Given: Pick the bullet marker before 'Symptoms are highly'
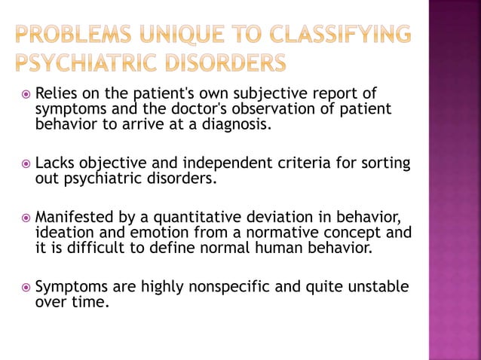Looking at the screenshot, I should [26, 288].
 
